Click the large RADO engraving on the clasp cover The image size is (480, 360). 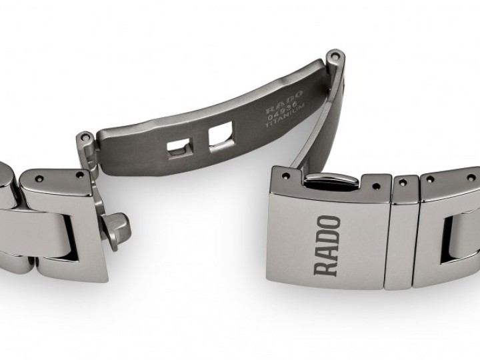(x=327, y=245)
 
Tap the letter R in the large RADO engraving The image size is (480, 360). (x=326, y=265)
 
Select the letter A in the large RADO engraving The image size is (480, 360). (x=327, y=251)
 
